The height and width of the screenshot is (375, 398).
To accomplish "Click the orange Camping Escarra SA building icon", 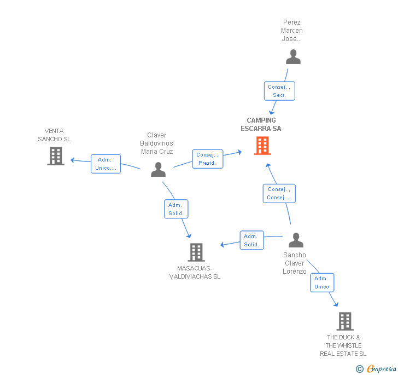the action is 262,146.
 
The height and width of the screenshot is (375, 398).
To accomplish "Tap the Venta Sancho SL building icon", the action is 55,155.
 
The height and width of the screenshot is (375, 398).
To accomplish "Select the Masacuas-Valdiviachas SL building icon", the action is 196,252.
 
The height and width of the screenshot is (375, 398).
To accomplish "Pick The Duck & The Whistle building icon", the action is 344,321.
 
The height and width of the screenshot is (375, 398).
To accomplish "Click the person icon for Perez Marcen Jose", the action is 293,57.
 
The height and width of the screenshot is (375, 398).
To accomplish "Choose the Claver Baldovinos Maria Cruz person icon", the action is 158,169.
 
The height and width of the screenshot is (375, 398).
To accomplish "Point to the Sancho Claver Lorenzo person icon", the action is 296,240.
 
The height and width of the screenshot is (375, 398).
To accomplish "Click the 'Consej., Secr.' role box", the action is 279,91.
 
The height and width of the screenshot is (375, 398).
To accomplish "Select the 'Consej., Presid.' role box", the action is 207,159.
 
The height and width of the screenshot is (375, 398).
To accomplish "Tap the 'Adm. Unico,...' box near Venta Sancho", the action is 106,164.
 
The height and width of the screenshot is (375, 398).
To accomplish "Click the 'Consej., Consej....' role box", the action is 279,193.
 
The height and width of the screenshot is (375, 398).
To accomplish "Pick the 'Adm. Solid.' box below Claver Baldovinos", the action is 176,209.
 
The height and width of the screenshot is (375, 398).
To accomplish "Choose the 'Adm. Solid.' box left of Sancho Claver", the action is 251,240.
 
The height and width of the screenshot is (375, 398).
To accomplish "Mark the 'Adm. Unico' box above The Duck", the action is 322,282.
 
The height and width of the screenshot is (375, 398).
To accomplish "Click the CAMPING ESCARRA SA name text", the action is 261,124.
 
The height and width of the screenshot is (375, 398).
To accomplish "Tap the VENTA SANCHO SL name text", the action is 54,135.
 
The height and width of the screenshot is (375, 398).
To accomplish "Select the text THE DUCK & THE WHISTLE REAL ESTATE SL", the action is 343,345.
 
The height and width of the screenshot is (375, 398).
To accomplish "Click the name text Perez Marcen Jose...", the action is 292,31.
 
